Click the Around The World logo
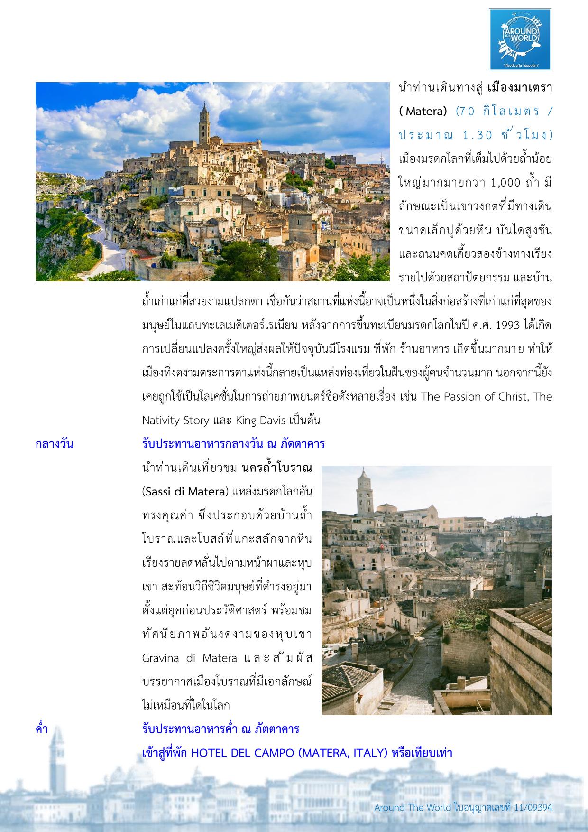(x=520, y=39)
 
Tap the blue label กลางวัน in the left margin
(x=54, y=444)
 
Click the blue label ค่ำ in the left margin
(x=42, y=729)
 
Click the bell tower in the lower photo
(x=364, y=494)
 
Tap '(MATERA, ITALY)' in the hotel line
(x=343, y=753)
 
